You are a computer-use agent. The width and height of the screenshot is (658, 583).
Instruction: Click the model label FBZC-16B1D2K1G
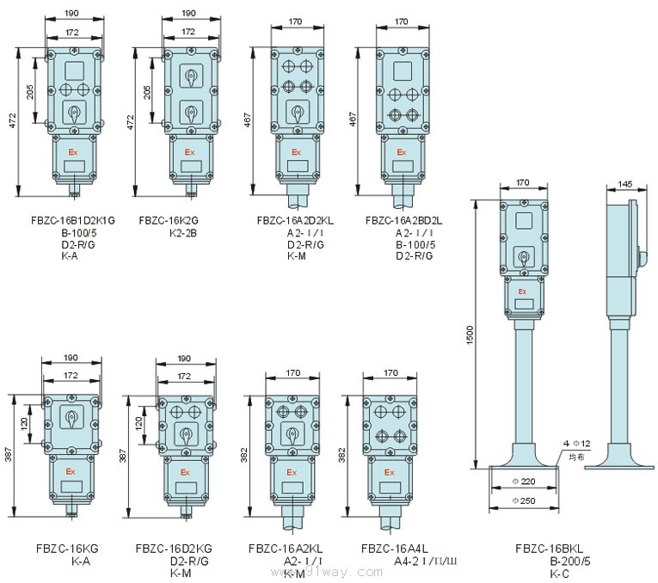66,220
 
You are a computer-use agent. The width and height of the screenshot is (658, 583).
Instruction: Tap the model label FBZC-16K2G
168,220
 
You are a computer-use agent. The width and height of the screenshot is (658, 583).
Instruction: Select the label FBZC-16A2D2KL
295,220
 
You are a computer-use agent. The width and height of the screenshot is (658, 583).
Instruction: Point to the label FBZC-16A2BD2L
404,220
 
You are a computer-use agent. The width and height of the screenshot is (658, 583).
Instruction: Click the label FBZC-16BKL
550,548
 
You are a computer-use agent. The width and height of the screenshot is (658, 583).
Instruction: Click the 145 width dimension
625,183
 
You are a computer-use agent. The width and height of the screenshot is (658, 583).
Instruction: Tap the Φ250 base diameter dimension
523,500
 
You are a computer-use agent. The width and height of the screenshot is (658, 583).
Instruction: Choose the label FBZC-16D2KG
174,548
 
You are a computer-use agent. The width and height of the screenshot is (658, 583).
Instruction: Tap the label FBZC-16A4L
390,548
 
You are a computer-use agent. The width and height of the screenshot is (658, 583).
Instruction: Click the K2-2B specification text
183,232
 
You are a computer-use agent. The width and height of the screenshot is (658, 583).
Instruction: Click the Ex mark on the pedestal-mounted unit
522,292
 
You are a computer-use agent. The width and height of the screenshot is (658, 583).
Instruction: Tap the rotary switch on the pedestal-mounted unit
522,256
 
